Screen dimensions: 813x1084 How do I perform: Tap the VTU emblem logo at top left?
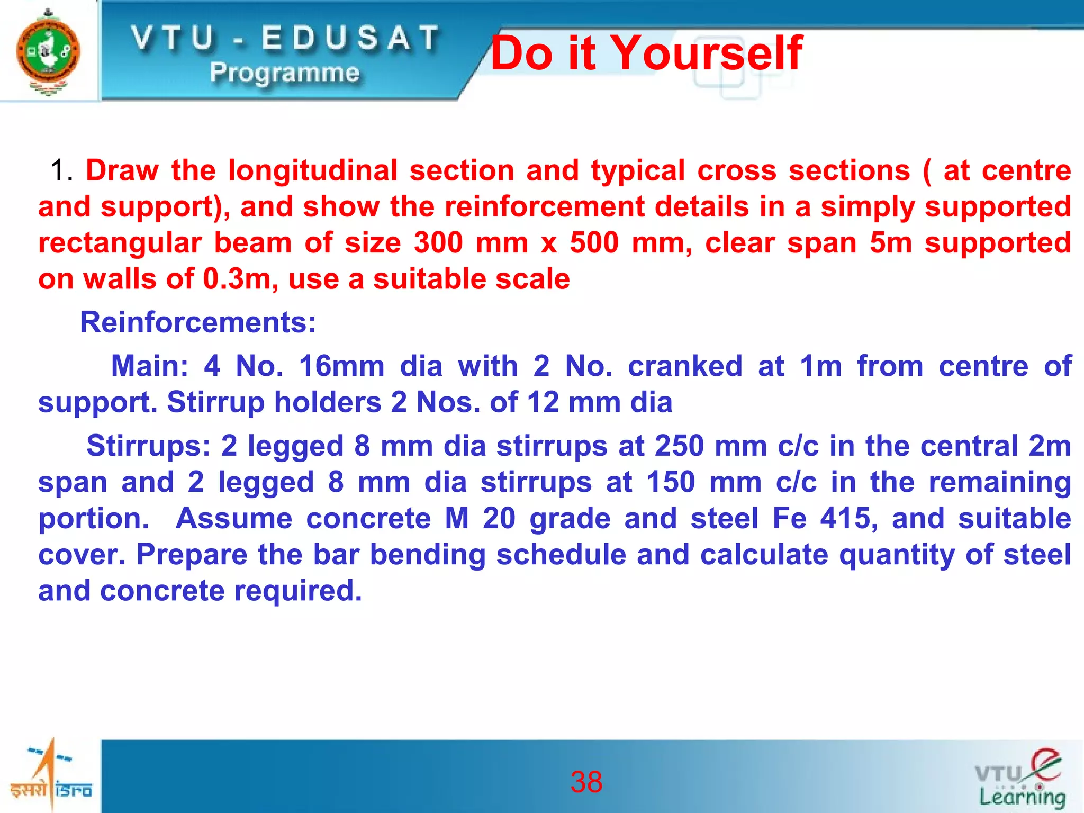[48, 52]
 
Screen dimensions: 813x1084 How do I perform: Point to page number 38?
[586, 782]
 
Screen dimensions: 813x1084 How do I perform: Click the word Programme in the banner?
[284, 73]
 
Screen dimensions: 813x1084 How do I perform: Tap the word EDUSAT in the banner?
[350, 38]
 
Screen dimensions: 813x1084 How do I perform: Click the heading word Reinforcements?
[198, 322]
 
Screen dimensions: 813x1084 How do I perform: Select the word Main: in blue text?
[149, 366]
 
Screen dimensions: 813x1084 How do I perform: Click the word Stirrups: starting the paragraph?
[148, 446]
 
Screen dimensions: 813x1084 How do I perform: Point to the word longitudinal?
[312, 170]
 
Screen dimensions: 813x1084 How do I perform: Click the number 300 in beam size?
[439, 243]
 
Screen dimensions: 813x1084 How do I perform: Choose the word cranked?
[684, 366]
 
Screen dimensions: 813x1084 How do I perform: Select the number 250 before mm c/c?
[679, 446]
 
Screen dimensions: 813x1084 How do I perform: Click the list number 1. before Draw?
[62, 170]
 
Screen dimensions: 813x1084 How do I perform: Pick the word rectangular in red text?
[120, 243]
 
